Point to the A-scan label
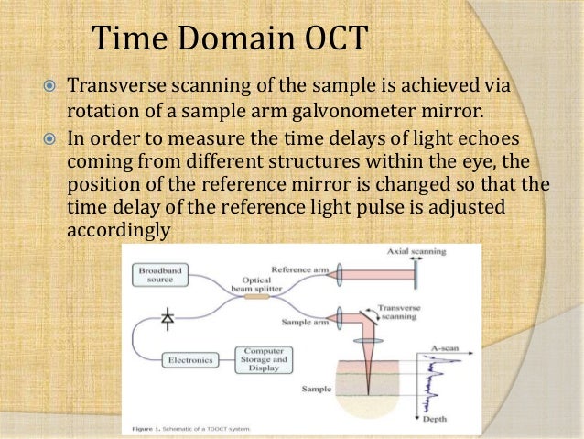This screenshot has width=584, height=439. [x=446, y=349]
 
